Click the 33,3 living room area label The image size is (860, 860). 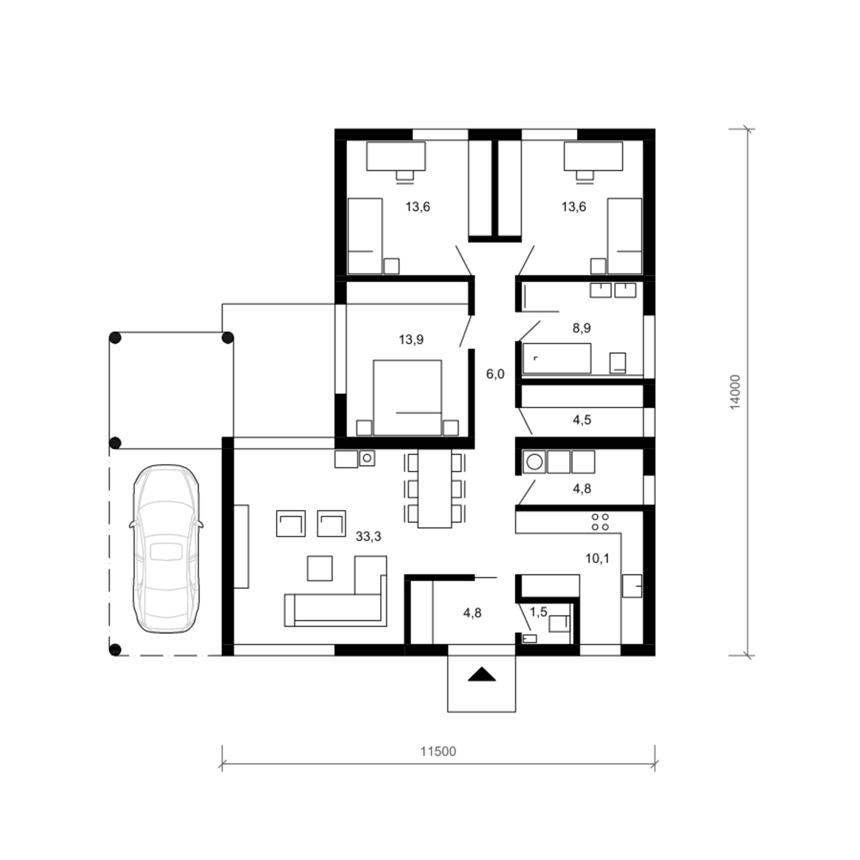pyautogui.click(x=368, y=537)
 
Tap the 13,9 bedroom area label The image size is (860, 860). pyautogui.click(x=411, y=339)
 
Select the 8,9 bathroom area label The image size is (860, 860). pyautogui.click(x=581, y=328)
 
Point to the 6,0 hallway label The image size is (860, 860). pyautogui.click(x=495, y=374)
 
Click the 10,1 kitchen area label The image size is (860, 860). pyautogui.click(x=597, y=558)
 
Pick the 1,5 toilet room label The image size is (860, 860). pyautogui.click(x=538, y=612)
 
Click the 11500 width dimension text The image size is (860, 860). pyautogui.click(x=438, y=752)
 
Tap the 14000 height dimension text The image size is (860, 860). pyautogui.click(x=736, y=392)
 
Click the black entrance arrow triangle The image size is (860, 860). pyautogui.click(x=482, y=674)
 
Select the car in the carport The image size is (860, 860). pyautogui.click(x=166, y=549)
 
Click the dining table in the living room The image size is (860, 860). pyautogui.click(x=435, y=488)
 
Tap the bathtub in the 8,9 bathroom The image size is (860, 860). pyautogui.click(x=557, y=358)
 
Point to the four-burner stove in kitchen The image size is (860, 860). pyautogui.click(x=600, y=521)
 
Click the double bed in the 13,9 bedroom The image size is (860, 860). pyautogui.click(x=407, y=397)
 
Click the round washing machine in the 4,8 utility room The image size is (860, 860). pyautogui.click(x=534, y=462)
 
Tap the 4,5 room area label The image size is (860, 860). pyautogui.click(x=581, y=420)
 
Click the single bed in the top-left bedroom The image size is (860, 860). pyautogui.click(x=365, y=236)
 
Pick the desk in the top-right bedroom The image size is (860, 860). pyautogui.click(x=593, y=156)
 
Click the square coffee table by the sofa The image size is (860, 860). pyautogui.click(x=320, y=568)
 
